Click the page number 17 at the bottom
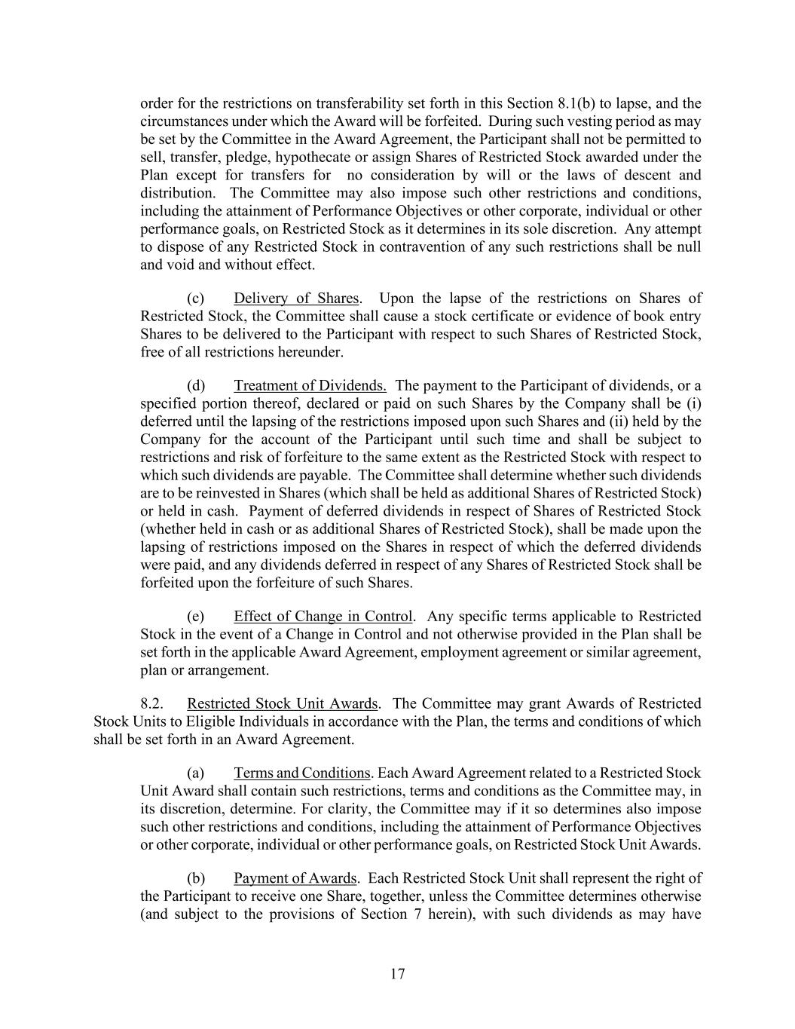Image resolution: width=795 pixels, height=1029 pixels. click(398, 974)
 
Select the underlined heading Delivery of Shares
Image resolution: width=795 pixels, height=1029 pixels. click(296, 299)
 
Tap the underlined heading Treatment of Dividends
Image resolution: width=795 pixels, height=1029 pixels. click(310, 386)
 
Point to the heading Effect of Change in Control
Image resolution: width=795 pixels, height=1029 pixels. click(323, 617)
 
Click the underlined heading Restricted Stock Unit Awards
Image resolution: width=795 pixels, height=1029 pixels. click(283, 704)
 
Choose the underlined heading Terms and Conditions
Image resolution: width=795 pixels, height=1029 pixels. click(301, 773)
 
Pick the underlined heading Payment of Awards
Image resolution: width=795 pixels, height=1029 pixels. click(295, 879)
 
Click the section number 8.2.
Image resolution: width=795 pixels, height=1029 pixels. click(152, 704)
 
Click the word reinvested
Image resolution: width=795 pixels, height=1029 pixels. click(205, 494)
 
